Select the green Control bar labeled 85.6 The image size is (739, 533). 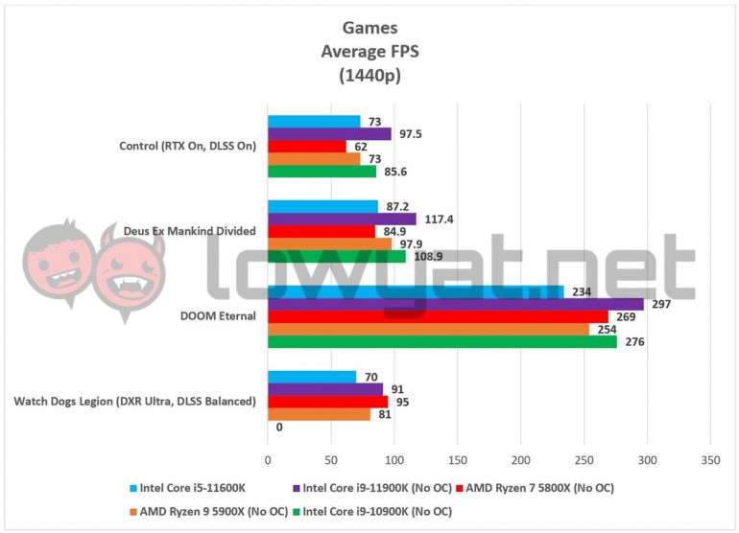pos(322,172)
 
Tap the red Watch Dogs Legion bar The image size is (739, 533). pos(327,402)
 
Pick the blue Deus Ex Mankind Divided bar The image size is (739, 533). pos(322,206)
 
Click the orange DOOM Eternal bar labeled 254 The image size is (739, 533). pos(428,329)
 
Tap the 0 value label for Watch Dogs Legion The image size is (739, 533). pos(278,428)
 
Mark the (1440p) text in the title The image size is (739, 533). pos(369,74)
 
